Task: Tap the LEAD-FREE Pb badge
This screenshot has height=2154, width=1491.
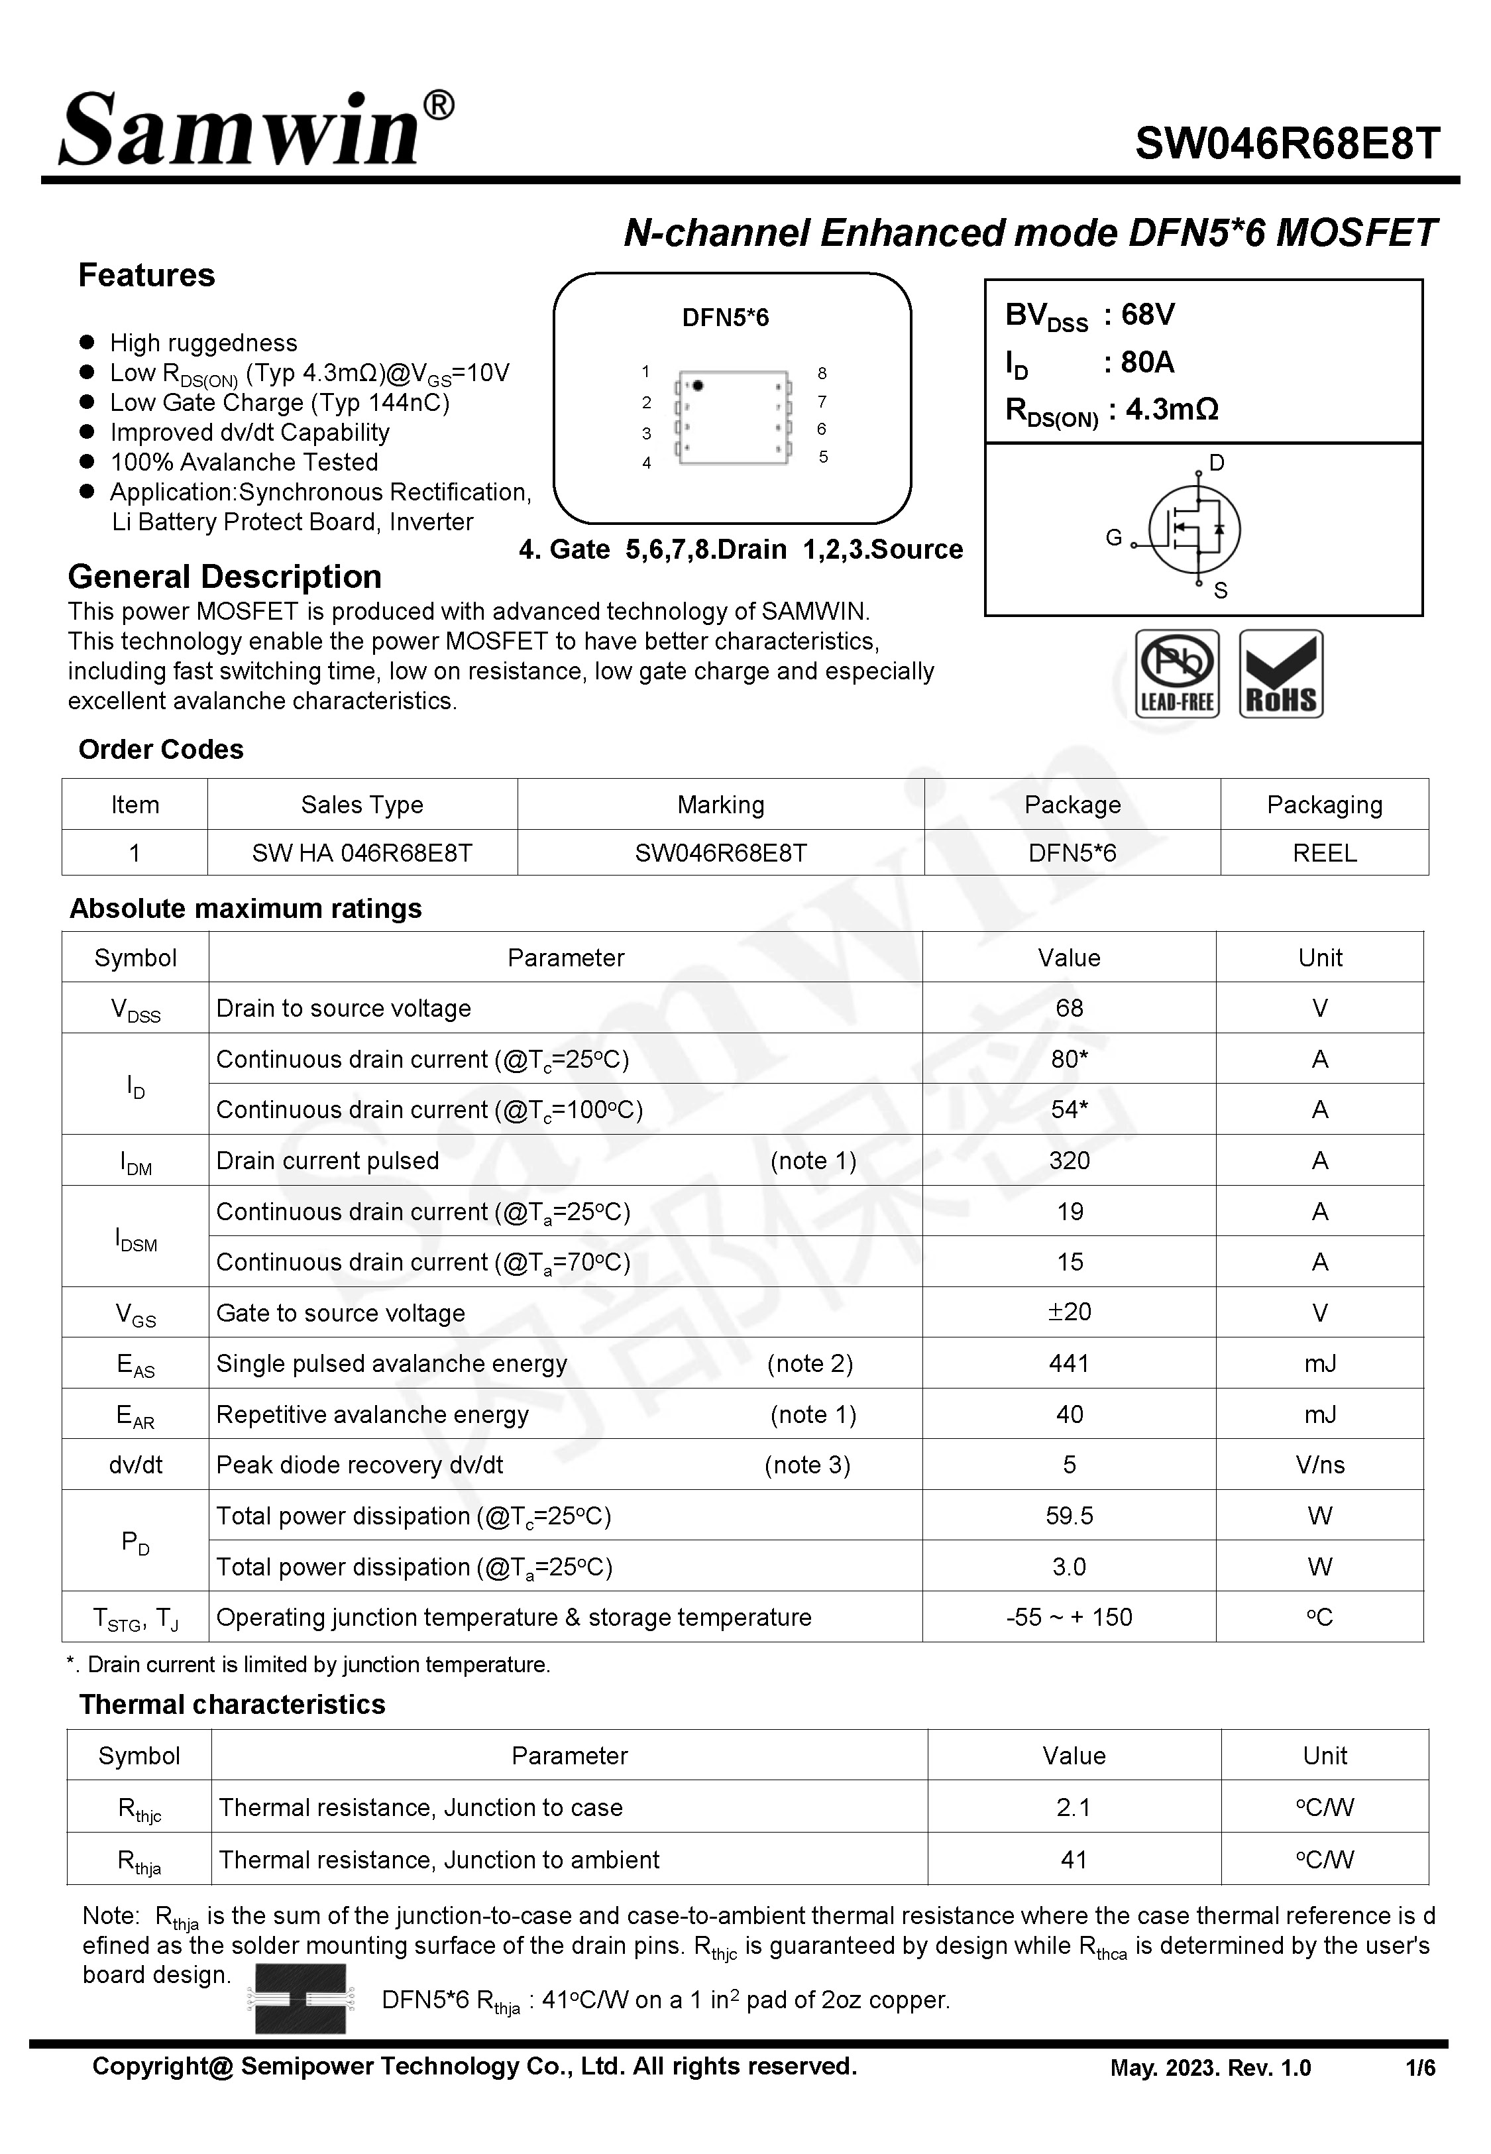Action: [x=1176, y=673]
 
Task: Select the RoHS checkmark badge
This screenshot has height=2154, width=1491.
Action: [x=1281, y=673]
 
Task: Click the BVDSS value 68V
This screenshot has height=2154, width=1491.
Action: [x=1147, y=315]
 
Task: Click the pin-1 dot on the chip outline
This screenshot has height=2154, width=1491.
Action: [x=698, y=385]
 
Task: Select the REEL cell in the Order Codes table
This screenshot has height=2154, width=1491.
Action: [x=1324, y=853]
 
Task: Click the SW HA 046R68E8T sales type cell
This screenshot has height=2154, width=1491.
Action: [x=362, y=853]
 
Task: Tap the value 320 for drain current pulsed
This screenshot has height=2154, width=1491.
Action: [x=1069, y=1160]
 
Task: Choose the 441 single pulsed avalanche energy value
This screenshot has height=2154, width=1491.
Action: [x=1069, y=1364]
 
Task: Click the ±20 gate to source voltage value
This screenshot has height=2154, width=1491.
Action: [x=1069, y=1312]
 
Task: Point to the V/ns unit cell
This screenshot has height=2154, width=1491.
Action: [x=1319, y=1465]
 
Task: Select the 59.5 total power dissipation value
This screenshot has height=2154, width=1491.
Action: [x=1069, y=1515]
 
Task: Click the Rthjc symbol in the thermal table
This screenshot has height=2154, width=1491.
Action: [x=139, y=1809]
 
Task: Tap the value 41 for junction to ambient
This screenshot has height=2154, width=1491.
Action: [x=1074, y=1860]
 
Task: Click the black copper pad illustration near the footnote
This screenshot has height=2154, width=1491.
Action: [x=300, y=1998]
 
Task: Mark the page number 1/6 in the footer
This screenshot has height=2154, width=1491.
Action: [x=1420, y=2068]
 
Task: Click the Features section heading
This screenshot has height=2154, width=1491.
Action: [x=146, y=276]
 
